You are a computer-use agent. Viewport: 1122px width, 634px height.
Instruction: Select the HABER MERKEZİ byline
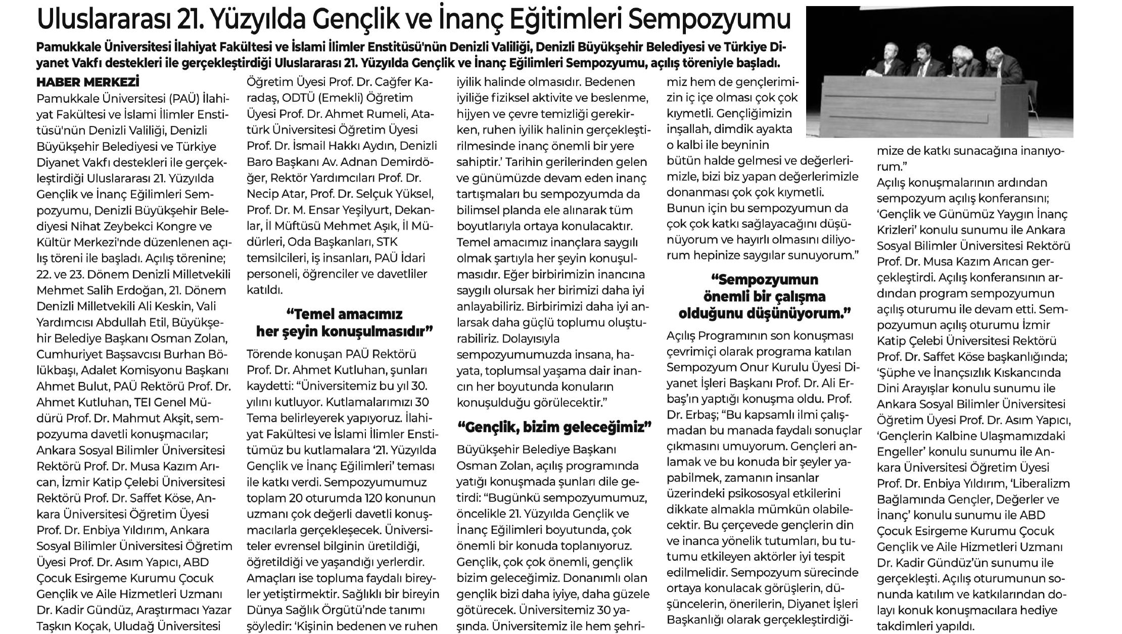[87, 82]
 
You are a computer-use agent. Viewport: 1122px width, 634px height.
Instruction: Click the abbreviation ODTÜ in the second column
[319, 98]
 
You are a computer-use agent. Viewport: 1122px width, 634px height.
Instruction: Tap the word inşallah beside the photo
[696, 129]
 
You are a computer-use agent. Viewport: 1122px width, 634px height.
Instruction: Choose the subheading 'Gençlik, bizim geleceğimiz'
[553, 427]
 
